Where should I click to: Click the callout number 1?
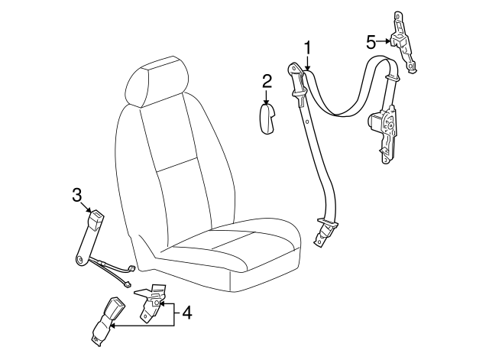(307, 49)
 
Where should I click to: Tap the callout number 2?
(267, 82)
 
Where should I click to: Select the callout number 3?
(76, 195)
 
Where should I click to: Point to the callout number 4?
(186, 313)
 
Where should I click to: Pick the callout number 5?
(371, 42)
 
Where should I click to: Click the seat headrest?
(158, 82)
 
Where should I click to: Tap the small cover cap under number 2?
(268, 119)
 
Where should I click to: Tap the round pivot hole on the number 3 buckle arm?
(81, 258)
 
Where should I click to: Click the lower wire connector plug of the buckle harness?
(128, 284)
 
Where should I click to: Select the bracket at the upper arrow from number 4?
(151, 302)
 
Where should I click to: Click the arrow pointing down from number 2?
(266, 97)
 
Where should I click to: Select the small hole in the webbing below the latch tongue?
(307, 122)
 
